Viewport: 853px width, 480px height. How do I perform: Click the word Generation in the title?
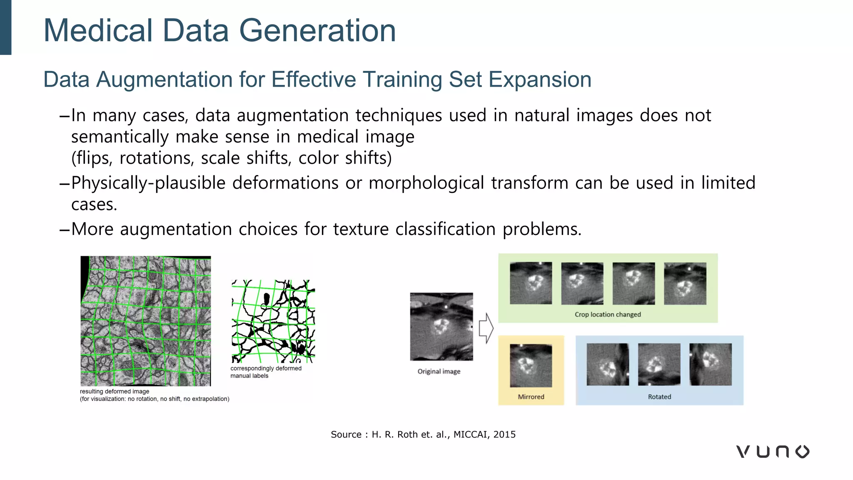pos(317,31)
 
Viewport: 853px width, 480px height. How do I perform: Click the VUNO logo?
pos(773,451)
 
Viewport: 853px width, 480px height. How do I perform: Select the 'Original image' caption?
pos(439,371)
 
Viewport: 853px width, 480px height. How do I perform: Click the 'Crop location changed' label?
pos(608,314)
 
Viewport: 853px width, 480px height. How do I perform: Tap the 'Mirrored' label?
pos(531,397)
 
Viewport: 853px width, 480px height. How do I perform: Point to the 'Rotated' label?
pos(659,397)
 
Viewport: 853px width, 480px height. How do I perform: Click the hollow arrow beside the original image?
pos(486,328)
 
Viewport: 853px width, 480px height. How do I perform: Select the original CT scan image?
pos(441,326)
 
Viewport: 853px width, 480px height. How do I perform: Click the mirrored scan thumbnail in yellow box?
pos(531,365)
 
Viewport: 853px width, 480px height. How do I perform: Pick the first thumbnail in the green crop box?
pos(531,283)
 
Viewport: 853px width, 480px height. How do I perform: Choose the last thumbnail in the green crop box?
pos(685,283)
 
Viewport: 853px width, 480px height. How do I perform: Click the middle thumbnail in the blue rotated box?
pos(659,364)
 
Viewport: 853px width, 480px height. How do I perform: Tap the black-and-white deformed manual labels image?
pos(273,321)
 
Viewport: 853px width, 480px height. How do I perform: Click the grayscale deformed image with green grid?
pos(146,321)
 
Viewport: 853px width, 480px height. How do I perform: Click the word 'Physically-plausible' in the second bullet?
pos(148,183)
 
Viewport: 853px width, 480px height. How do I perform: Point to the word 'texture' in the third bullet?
pos(361,229)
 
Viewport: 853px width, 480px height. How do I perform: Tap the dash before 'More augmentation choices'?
pos(64,230)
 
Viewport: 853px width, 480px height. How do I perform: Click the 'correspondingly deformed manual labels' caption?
pos(266,372)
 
